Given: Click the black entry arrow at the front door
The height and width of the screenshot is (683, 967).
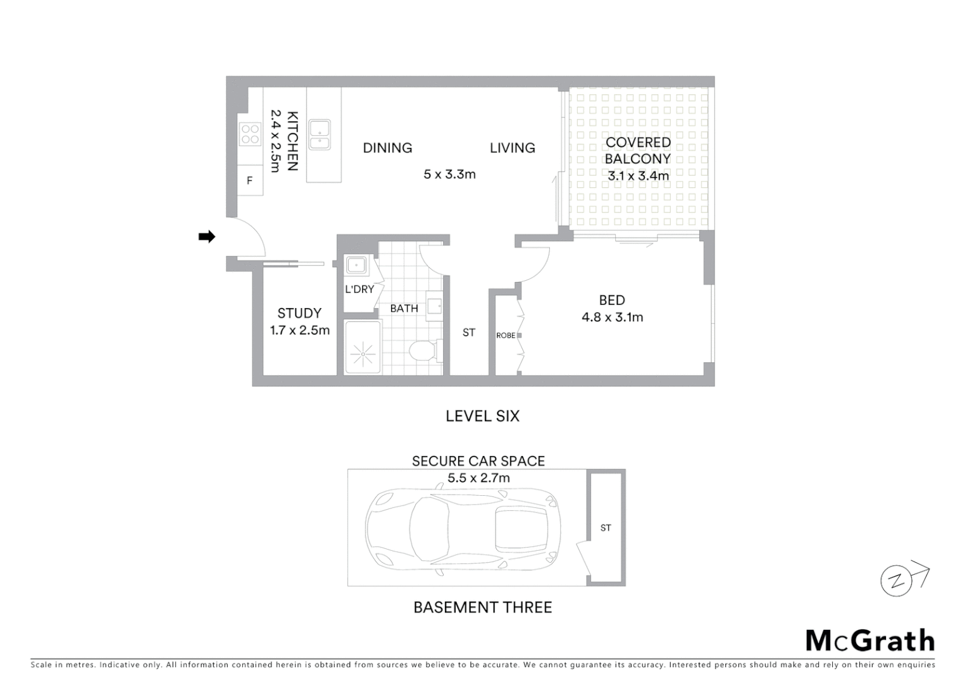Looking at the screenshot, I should coord(207,237).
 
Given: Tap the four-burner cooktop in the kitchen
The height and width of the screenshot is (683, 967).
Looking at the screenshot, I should coord(250,134).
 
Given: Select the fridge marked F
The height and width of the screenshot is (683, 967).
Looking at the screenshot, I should coord(249,181).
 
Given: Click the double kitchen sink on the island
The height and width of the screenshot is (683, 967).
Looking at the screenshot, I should coord(319,135).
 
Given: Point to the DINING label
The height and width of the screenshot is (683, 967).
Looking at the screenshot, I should coord(387,148).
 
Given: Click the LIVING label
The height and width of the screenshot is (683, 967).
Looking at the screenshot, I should coord(512,148).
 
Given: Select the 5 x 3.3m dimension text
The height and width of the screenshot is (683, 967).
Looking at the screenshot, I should coord(449,175).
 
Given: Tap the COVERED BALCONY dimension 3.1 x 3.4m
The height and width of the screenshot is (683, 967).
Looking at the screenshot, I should coord(638,176).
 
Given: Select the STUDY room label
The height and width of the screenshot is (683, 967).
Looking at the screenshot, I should coord(299,313).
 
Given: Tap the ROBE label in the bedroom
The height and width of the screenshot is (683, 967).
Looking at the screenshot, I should coord(505,335).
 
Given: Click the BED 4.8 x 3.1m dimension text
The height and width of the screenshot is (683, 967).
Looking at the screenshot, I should coord(612,317).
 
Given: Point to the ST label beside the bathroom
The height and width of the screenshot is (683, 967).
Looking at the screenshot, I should coord(468,333).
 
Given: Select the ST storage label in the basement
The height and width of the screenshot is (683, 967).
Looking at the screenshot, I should coord(606,528).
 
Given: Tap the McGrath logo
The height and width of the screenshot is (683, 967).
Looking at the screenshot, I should coord(870,641).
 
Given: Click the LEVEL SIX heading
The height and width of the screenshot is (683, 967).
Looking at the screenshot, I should coord(482,416).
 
